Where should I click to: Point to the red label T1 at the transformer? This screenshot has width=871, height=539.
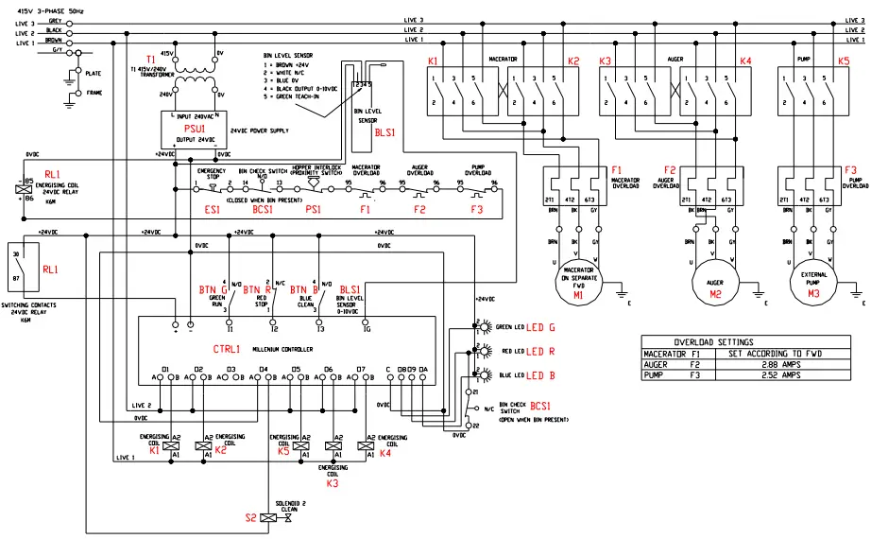[x=150, y=59]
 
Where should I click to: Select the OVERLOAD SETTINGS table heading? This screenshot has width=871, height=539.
[x=714, y=341]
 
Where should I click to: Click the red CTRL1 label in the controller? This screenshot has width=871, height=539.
[x=227, y=348]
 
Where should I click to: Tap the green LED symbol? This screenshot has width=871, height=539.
[x=488, y=328]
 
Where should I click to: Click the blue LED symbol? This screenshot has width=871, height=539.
[x=488, y=374]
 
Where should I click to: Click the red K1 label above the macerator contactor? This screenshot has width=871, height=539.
[x=433, y=61]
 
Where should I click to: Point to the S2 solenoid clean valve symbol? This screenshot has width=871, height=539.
[x=270, y=518]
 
